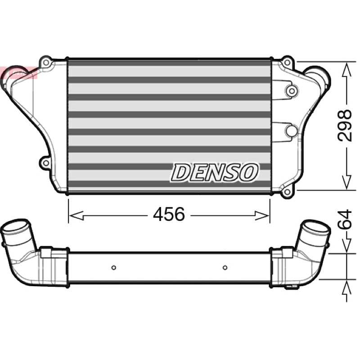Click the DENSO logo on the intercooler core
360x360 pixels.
[215, 172]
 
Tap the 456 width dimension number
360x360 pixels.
[169, 215]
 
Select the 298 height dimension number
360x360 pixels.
[344, 126]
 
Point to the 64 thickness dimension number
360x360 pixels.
[345, 219]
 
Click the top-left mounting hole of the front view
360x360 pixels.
[46, 62]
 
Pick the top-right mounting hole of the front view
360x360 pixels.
[287, 62]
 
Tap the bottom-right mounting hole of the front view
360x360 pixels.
[287, 192]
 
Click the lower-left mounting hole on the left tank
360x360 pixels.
[46, 163]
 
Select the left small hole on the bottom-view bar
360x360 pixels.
[113, 268]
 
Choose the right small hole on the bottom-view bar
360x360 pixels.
[225, 268]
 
